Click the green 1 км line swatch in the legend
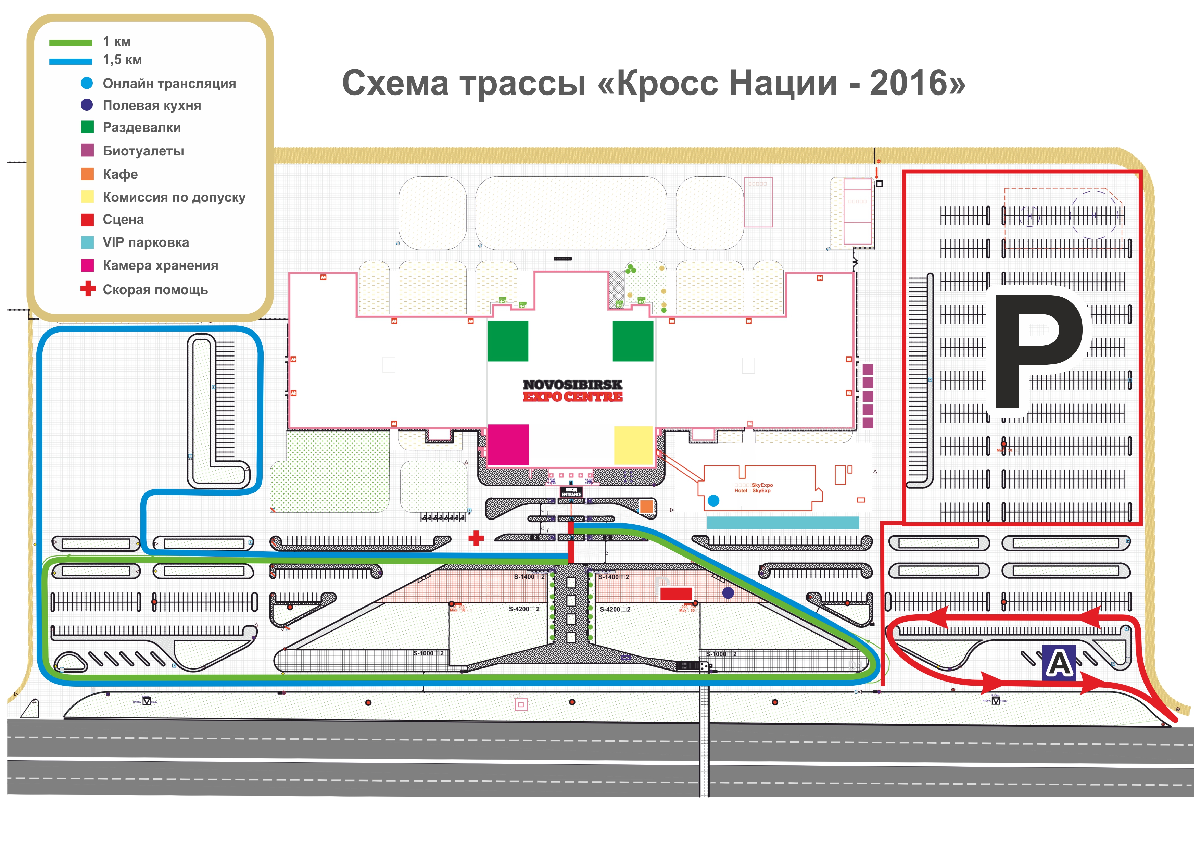71,43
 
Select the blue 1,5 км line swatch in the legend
71,61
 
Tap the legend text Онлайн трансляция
169,84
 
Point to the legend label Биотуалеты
143,151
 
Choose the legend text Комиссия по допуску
174,197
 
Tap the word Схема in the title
395,84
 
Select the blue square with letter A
1059,663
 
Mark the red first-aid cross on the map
476,538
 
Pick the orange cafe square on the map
646,506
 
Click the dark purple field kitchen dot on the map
728,593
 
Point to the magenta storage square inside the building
508,445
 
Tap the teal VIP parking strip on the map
783,522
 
